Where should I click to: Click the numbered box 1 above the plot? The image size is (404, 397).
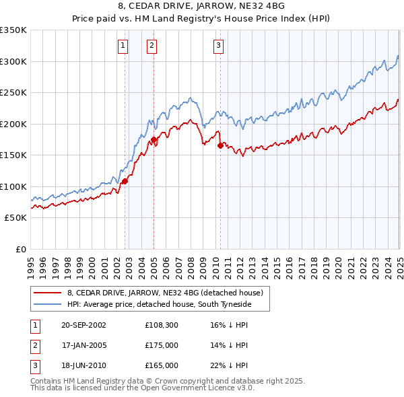(x=123, y=46)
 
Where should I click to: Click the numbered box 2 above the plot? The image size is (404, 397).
(x=152, y=46)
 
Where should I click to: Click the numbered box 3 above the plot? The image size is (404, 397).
(x=219, y=46)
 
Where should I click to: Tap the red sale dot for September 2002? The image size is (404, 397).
(x=125, y=180)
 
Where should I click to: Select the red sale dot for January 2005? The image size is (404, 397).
(x=154, y=139)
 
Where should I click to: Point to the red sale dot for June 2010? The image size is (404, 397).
(x=220, y=145)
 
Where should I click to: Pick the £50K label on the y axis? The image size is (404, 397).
(x=16, y=218)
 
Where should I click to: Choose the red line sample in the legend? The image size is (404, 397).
(x=48, y=293)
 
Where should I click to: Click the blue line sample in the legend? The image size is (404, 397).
(x=48, y=304)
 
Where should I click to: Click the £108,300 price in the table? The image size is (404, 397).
(x=161, y=325)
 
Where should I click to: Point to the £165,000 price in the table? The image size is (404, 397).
(x=161, y=365)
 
